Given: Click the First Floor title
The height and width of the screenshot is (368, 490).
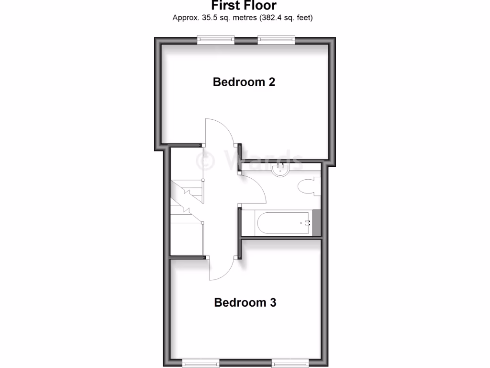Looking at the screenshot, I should point(244,6).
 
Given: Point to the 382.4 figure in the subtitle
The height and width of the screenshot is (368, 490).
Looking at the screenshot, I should point(269,18).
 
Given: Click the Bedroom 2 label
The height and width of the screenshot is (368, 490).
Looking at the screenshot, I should point(244,82).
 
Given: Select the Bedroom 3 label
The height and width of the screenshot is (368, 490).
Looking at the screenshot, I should point(245,303).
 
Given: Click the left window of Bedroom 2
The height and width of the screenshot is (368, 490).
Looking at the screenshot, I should point(216,40).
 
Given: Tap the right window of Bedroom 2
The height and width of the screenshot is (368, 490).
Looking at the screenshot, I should point(276,40).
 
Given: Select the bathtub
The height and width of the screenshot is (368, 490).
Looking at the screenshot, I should point(282,223).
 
